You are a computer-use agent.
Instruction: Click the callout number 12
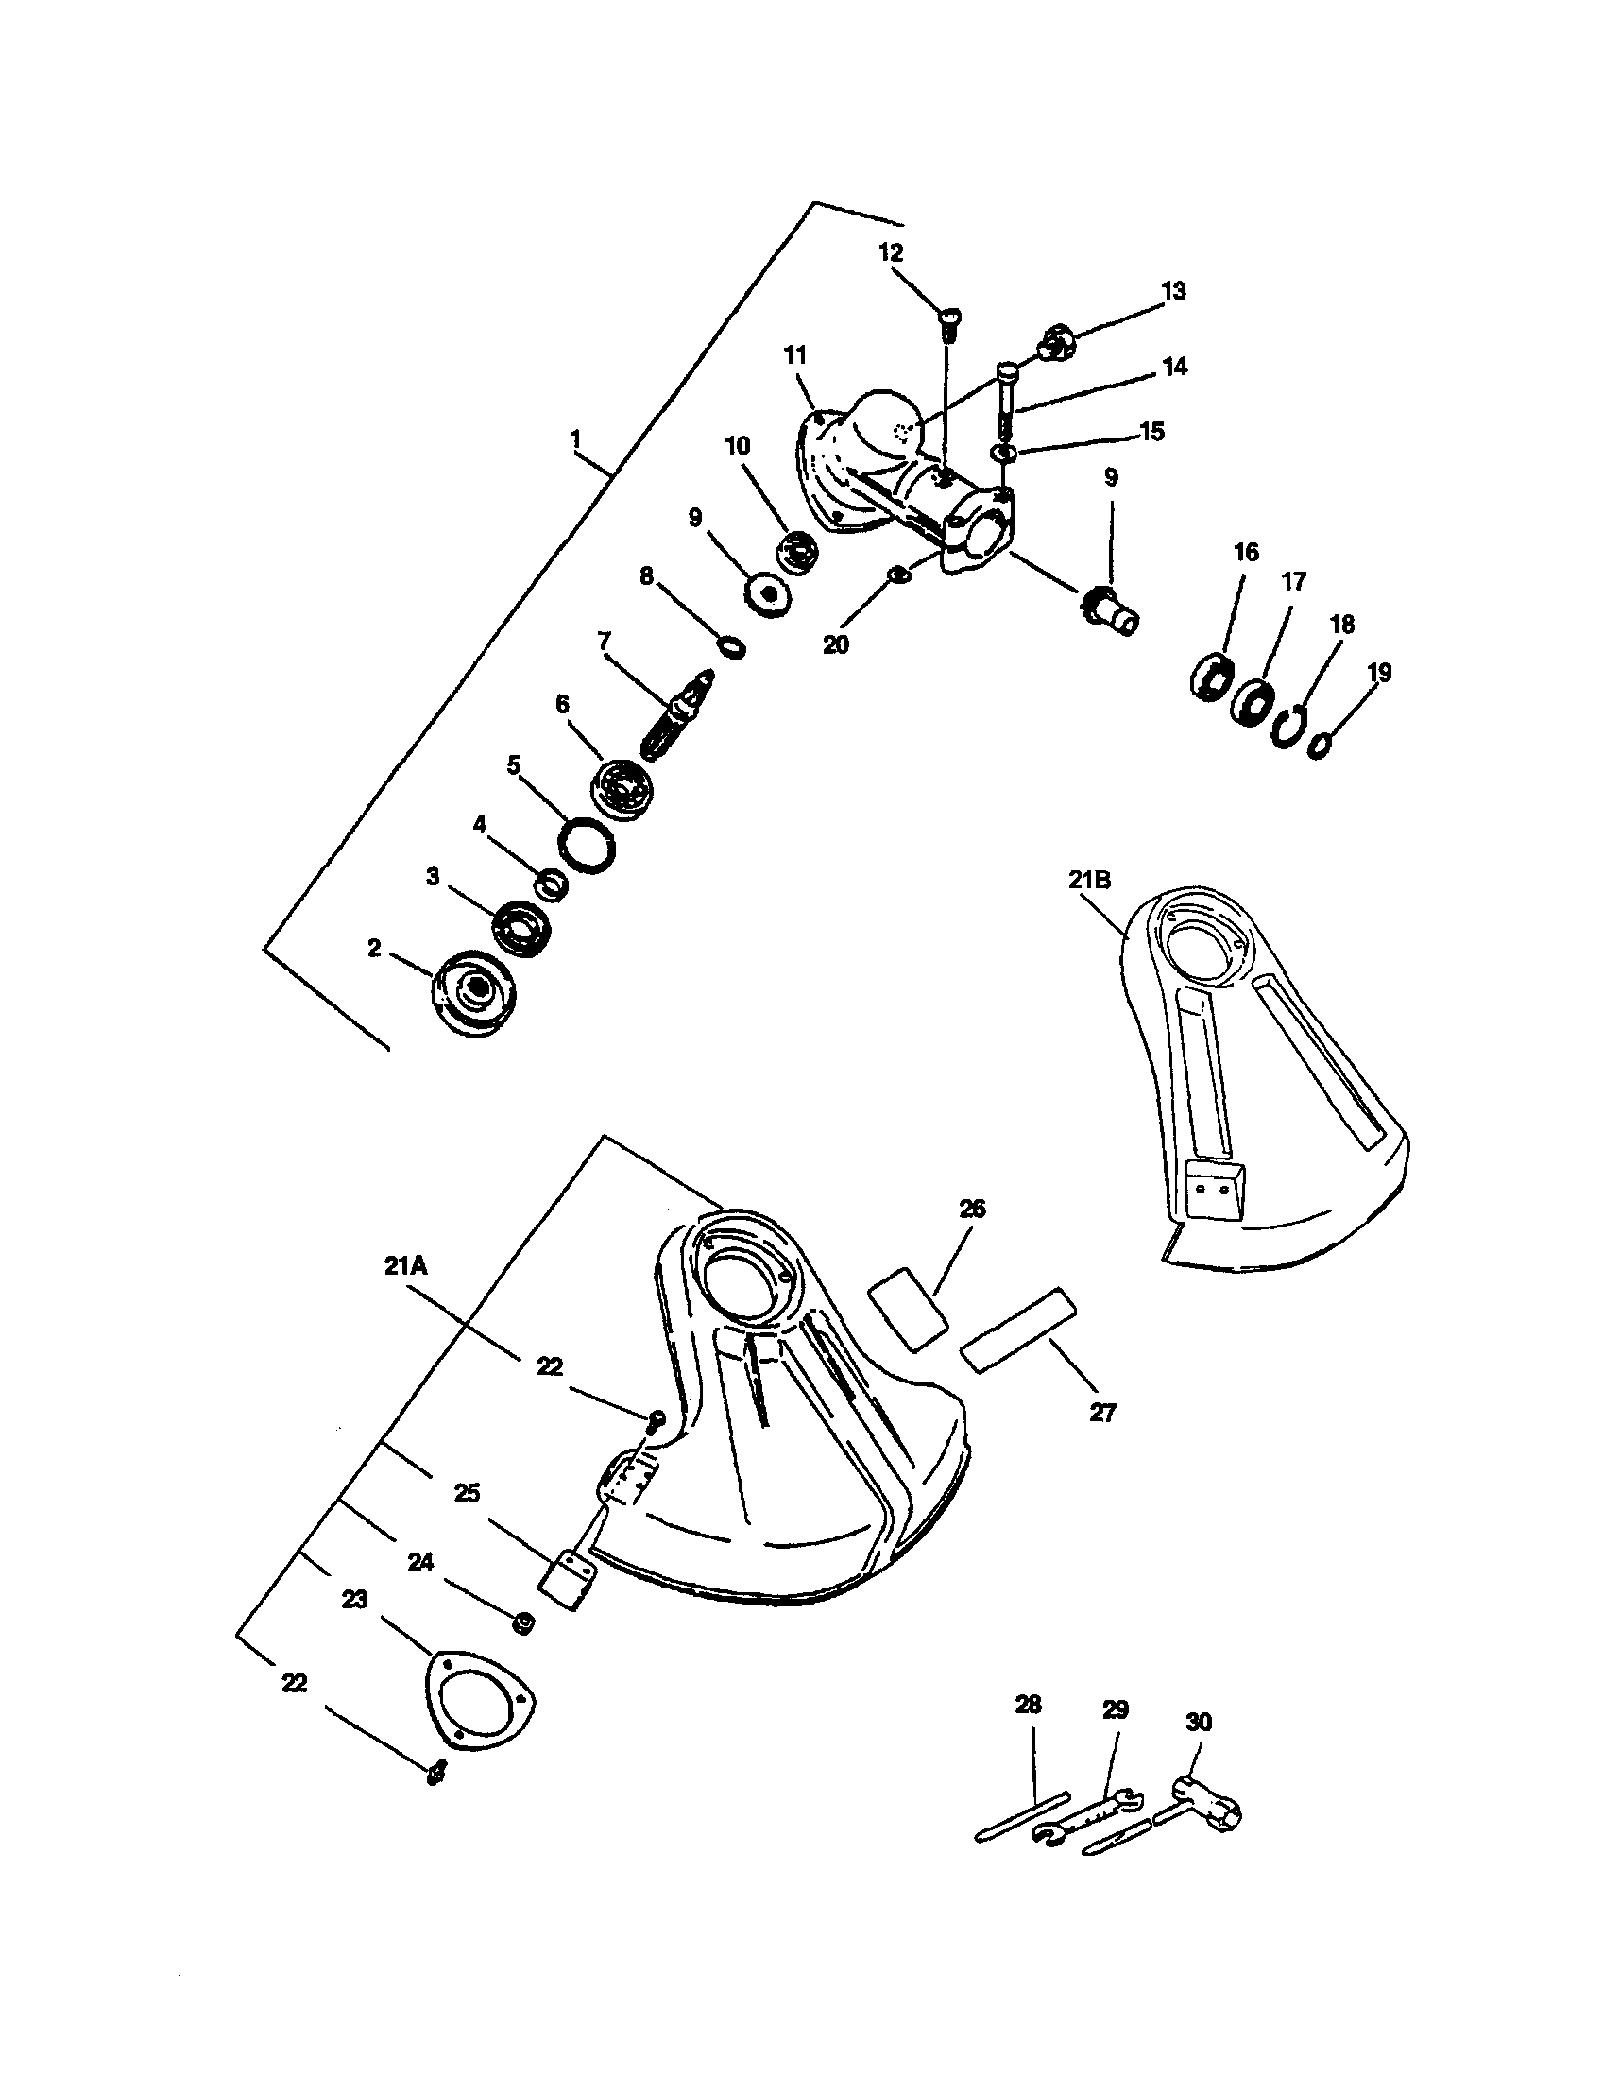pos(891,252)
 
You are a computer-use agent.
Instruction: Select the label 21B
pos(1090,879)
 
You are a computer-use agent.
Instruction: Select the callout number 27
pos(1103,1413)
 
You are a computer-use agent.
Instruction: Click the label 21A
pos(405,1265)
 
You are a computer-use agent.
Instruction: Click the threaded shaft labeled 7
pos(676,716)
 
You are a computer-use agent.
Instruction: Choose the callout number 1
pos(575,440)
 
